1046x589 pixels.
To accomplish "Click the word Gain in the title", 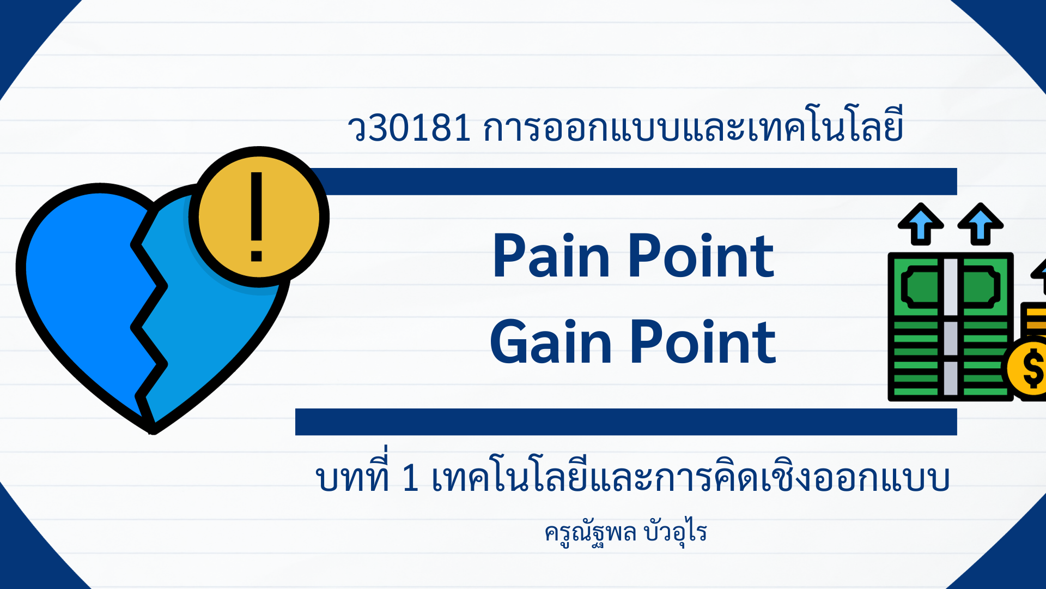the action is pyautogui.click(x=551, y=342).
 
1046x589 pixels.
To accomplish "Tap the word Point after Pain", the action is pyautogui.click(x=701, y=255).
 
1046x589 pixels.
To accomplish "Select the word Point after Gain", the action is pyautogui.click(x=703, y=342).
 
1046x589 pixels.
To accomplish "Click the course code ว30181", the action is pyautogui.click(x=409, y=128).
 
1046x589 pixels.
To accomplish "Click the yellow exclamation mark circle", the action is pyautogui.click(x=259, y=217).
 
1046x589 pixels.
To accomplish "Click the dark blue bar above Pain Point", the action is pyautogui.click(x=632, y=182).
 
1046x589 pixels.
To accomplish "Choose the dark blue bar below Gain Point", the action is pyautogui.click(x=626, y=422).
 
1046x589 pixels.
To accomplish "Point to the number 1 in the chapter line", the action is pyautogui.click(x=410, y=478).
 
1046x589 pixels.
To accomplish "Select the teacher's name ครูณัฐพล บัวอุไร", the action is pyautogui.click(x=625, y=531).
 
